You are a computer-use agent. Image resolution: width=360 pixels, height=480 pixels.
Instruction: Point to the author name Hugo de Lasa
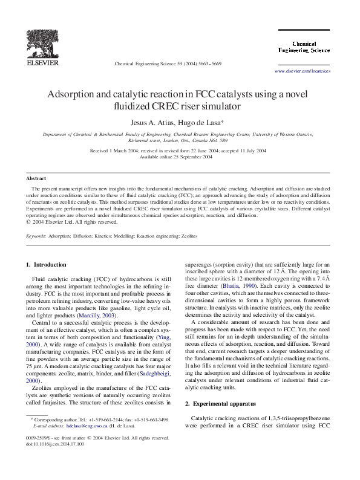[x=203, y=122]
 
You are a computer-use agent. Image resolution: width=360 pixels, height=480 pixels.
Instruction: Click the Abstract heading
[x=36, y=179]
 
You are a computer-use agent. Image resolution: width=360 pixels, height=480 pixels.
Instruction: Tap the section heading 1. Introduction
[x=47, y=265]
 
